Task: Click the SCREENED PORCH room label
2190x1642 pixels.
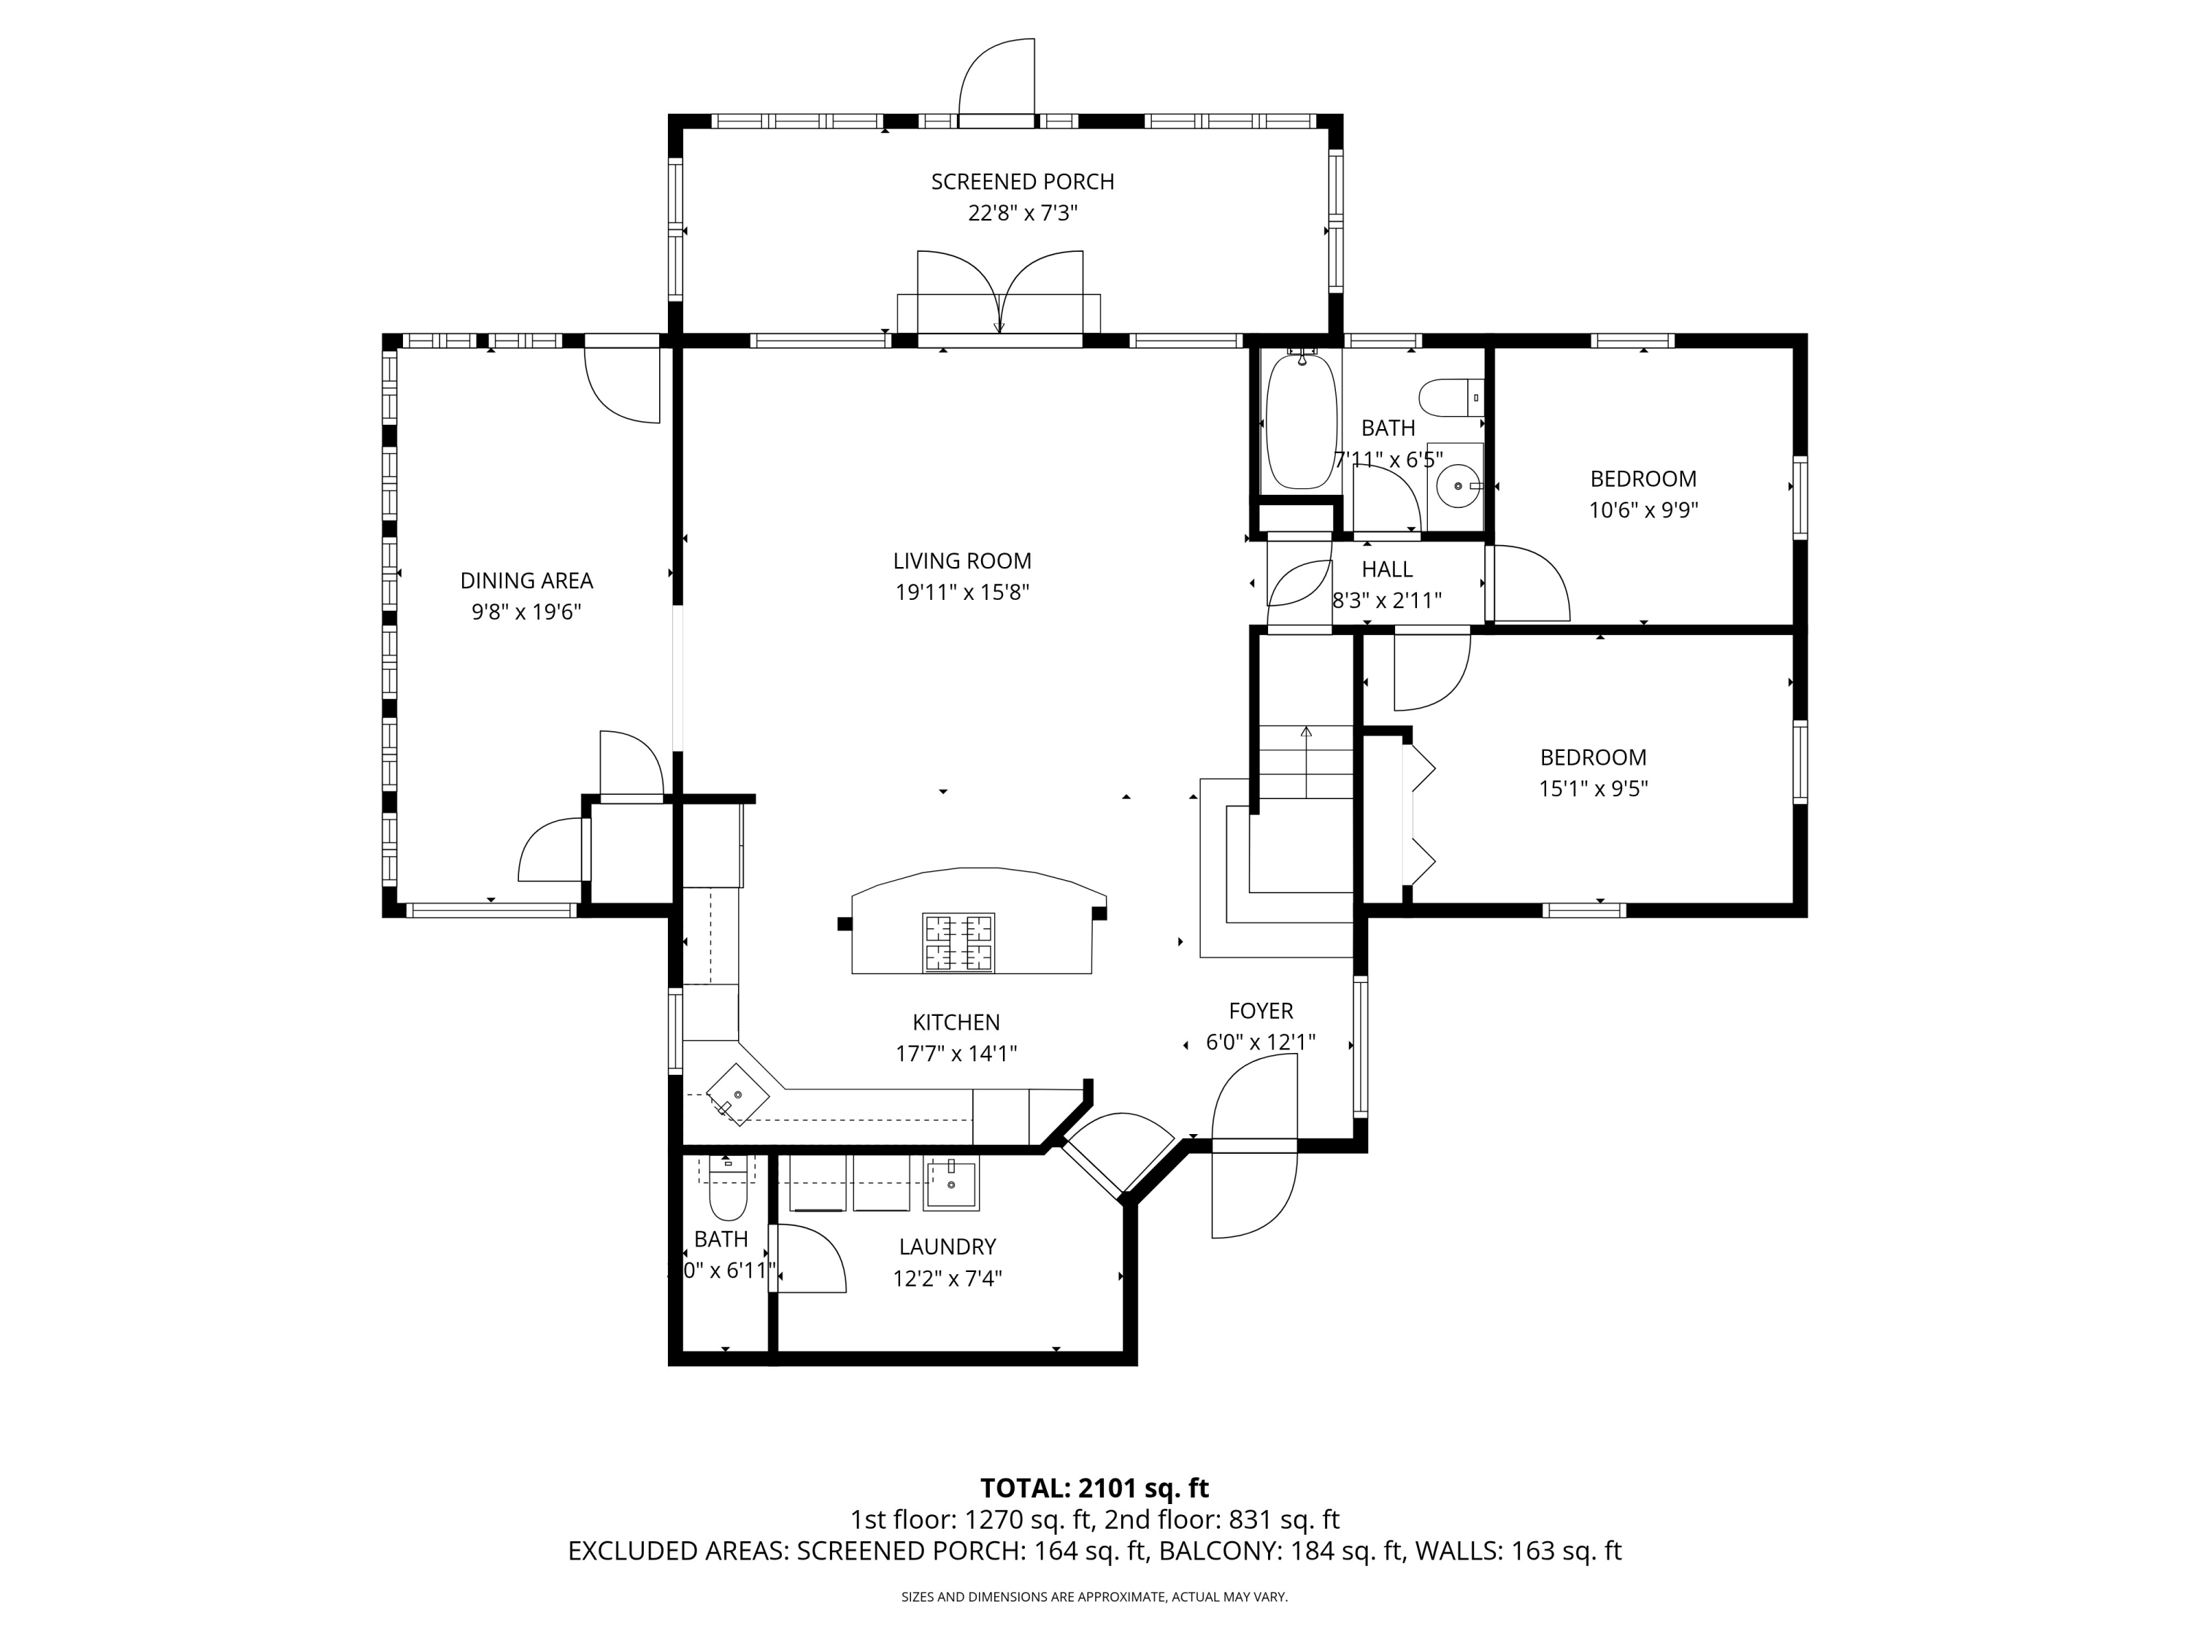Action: tap(1022, 182)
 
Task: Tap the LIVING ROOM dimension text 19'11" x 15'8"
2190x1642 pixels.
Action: tap(961, 593)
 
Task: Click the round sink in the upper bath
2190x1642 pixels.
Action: tap(1457, 486)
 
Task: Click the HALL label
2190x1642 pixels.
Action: tap(1386, 570)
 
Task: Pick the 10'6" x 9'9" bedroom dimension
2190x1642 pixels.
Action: tap(1642, 511)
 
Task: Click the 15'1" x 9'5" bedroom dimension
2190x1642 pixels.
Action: tap(1593, 789)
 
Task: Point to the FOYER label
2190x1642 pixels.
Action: tap(1260, 1011)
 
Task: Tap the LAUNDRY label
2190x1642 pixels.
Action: tap(947, 1247)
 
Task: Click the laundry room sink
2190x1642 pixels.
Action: tap(950, 1184)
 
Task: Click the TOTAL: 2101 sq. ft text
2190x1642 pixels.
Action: tap(1094, 1489)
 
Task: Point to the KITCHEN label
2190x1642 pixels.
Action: tap(956, 1022)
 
